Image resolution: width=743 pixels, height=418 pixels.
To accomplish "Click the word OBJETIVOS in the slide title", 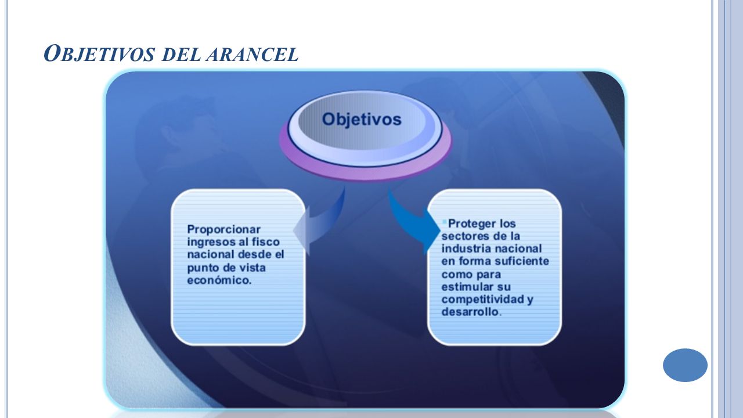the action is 99,54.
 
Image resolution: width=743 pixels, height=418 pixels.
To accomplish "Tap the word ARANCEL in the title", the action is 252,55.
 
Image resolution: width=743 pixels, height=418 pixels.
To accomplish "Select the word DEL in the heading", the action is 181,55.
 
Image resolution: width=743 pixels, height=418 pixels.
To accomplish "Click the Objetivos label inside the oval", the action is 362,120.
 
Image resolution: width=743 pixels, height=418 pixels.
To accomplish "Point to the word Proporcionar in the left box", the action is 224,229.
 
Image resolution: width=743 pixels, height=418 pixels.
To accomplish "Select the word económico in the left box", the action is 219,280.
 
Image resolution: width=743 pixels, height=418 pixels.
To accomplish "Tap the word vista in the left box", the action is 252,268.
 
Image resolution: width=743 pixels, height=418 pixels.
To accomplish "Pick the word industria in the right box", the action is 463,248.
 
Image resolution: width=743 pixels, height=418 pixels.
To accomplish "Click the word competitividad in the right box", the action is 482,299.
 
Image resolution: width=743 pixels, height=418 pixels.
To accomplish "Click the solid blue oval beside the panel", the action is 685,365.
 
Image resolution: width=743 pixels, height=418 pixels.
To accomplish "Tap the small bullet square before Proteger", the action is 445,222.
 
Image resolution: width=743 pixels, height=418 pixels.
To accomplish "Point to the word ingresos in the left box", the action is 210,242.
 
